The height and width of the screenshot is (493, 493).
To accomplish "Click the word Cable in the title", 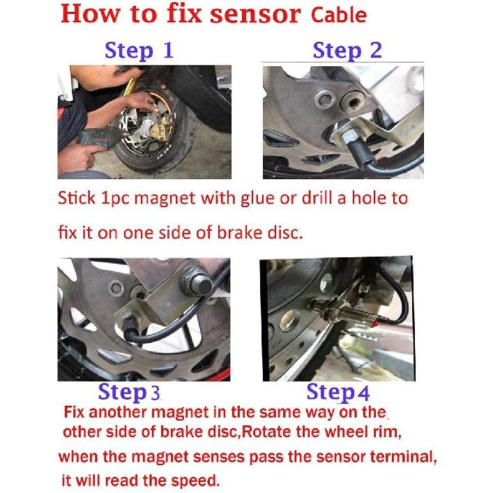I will [x=336, y=15].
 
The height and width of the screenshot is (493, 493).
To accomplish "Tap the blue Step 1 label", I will [x=138, y=50].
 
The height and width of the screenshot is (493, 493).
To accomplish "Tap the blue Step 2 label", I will [x=347, y=50].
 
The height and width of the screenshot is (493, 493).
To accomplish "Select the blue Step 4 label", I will [x=338, y=393].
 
